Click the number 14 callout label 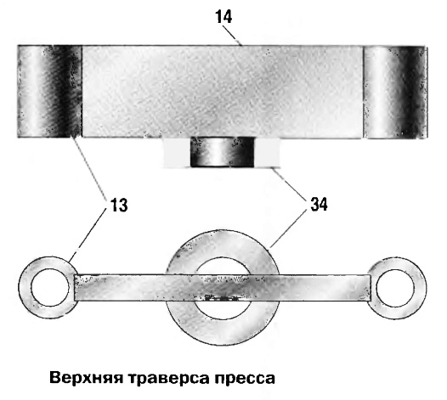pyautogui.click(x=223, y=17)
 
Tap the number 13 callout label pyautogui.click(x=119, y=205)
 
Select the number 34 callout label pyautogui.click(x=319, y=204)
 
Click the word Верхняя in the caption pyautogui.click(x=86, y=379)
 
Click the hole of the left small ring pyautogui.click(x=50, y=288)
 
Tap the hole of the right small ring pyautogui.click(x=395, y=288)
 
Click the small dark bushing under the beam pyautogui.click(x=222, y=152)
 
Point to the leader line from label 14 pyautogui.click(x=233, y=37)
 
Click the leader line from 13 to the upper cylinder pyautogui.click(x=89, y=166)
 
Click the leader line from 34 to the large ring pyautogui.click(x=286, y=229)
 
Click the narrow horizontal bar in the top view pyautogui.click(x=223, y=288)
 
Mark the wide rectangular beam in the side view pyautogui.click(x=223, y=92)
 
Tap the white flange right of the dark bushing pyautogui.click(x=267, y=153)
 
